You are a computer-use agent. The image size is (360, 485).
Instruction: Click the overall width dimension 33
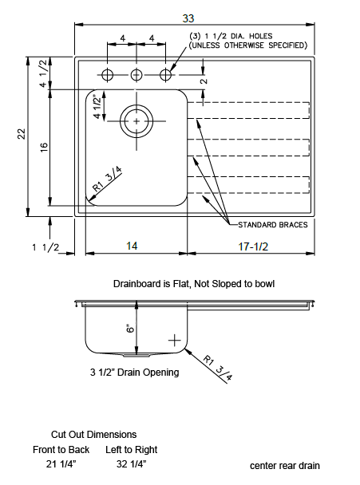pos(188,18)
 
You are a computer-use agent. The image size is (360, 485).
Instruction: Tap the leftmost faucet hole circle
pos(108,69)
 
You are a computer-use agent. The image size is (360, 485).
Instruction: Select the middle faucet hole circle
pos(136,69)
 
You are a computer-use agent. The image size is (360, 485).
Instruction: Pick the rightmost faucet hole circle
pos(165,69)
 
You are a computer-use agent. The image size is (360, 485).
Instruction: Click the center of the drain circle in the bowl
pos(136,121)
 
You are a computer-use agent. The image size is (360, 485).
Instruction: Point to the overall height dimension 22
pos(22,134)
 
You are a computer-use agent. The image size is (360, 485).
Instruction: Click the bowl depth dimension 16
pos(44,147)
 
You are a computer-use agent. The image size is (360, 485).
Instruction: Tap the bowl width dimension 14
pos(132,246)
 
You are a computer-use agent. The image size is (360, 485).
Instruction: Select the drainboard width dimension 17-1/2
pos(253,246)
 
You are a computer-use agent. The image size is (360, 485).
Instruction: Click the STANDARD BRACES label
pos(273,225)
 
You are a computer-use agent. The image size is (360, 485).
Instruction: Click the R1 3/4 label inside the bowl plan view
pos(107,179)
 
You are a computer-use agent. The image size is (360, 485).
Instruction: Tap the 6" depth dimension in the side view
pos(131,328)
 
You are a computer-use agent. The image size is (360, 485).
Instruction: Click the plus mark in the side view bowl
pos(175,341)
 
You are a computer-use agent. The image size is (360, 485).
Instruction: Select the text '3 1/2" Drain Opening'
pos(134,372)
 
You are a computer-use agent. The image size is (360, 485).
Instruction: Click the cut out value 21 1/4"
pos(61,464)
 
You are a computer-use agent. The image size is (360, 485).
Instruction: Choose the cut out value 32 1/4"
pos(131,464)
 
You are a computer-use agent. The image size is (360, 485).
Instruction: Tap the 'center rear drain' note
pos(285,466)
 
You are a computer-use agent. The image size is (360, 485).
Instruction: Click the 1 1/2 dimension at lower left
pos(45,247)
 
